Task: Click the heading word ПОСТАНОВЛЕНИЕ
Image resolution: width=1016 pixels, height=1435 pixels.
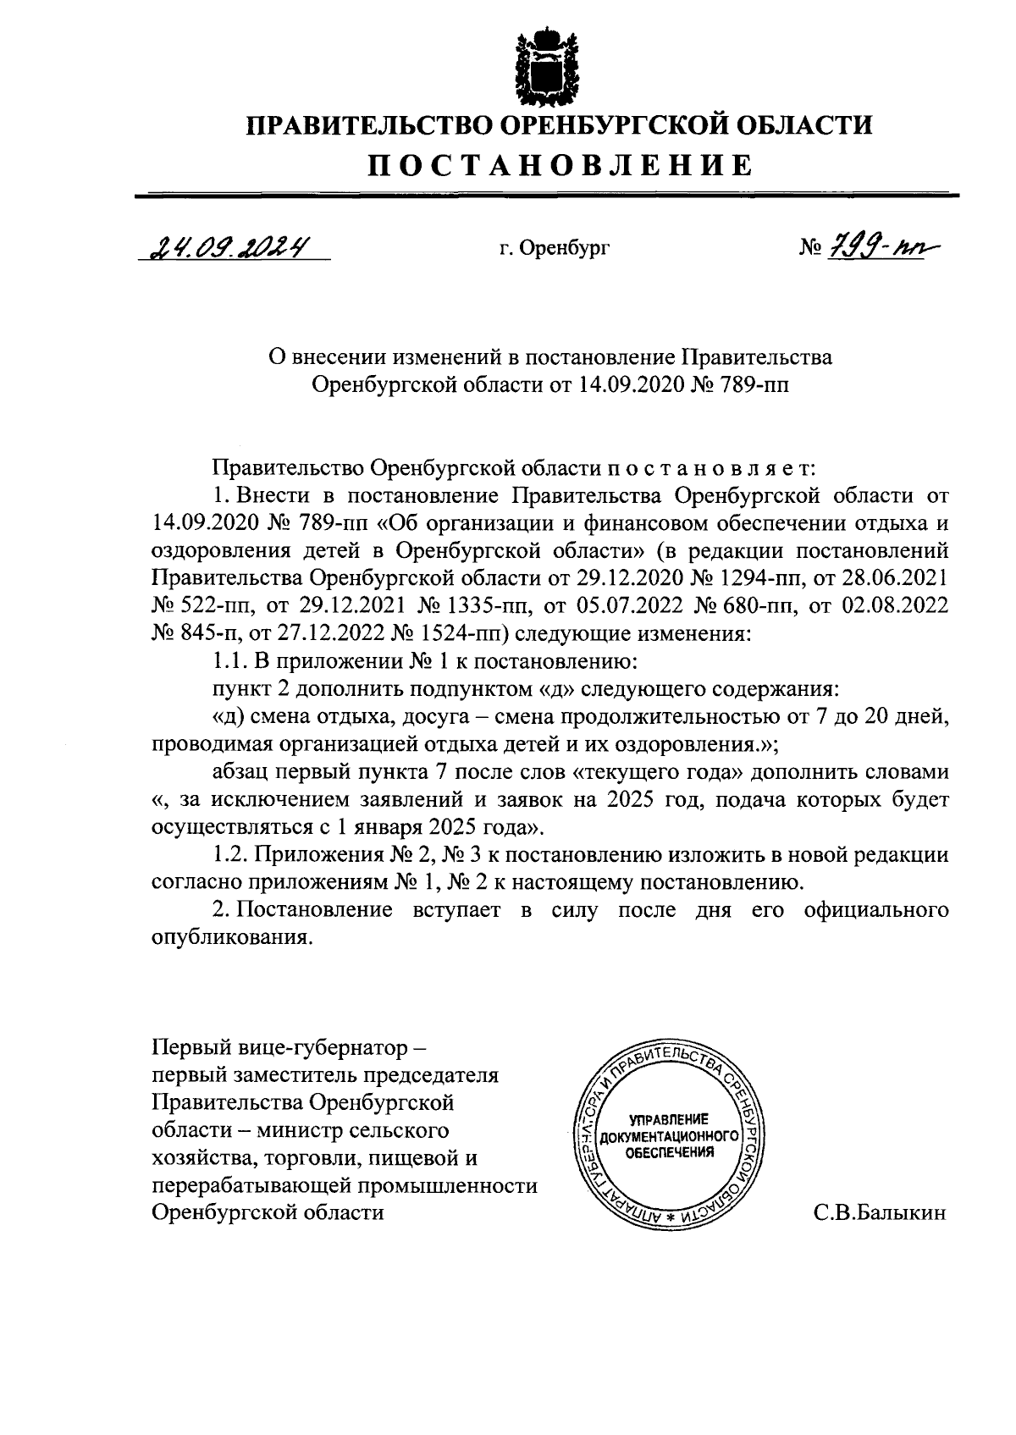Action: [558, 164]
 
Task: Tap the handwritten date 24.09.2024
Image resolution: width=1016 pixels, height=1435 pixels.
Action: [229, 246]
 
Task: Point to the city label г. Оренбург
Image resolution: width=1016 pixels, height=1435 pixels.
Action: [555, 249]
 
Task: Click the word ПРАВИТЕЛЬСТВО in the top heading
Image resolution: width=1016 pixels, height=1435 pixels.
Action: [365, 126]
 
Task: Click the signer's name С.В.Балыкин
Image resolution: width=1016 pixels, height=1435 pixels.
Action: [880, 1212]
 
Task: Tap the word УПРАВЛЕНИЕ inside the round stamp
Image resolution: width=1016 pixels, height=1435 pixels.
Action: [670, 1118]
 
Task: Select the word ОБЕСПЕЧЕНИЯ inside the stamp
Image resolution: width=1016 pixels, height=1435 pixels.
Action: [670, 1152]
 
